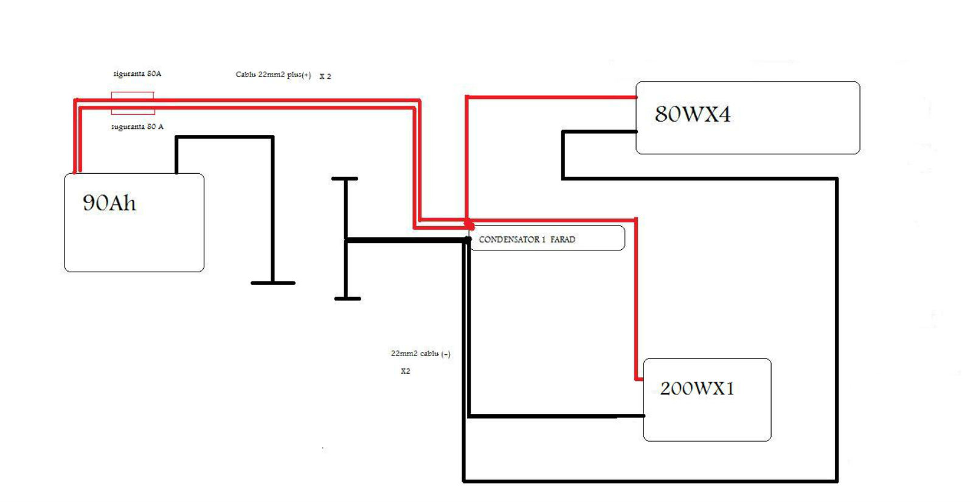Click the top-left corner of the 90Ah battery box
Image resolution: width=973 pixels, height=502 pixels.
[65, 174]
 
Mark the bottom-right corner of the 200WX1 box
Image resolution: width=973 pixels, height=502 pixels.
[771, 441]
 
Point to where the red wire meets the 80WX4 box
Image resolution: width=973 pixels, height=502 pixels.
[636, 97]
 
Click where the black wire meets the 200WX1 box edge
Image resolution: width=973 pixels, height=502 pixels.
[644, 416]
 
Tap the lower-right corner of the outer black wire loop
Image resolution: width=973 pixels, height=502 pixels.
[837, 481]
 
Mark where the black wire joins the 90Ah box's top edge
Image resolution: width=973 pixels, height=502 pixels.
[176, 173]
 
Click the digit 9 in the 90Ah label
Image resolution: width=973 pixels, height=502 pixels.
[89, 203]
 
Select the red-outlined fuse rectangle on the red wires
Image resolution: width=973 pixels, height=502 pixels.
[133, 103]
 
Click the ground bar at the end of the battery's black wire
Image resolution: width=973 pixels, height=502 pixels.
[273, 283]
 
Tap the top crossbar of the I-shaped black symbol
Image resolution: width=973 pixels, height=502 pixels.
[345, 179]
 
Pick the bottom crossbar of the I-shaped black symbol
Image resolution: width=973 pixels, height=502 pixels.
[347, 299]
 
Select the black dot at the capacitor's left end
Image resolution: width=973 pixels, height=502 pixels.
[468, 239]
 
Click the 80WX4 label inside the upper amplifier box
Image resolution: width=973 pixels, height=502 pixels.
[693, 114]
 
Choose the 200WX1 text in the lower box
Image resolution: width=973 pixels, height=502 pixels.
[697, 388]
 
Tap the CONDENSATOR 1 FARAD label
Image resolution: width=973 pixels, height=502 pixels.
[527, 239]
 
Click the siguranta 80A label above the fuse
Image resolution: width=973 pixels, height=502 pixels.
[137, 74]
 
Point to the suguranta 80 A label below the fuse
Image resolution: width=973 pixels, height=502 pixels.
[137, 127]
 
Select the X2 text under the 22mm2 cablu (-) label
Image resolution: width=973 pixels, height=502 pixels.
[405, 371]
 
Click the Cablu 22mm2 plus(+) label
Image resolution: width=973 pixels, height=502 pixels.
[273, 75]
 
